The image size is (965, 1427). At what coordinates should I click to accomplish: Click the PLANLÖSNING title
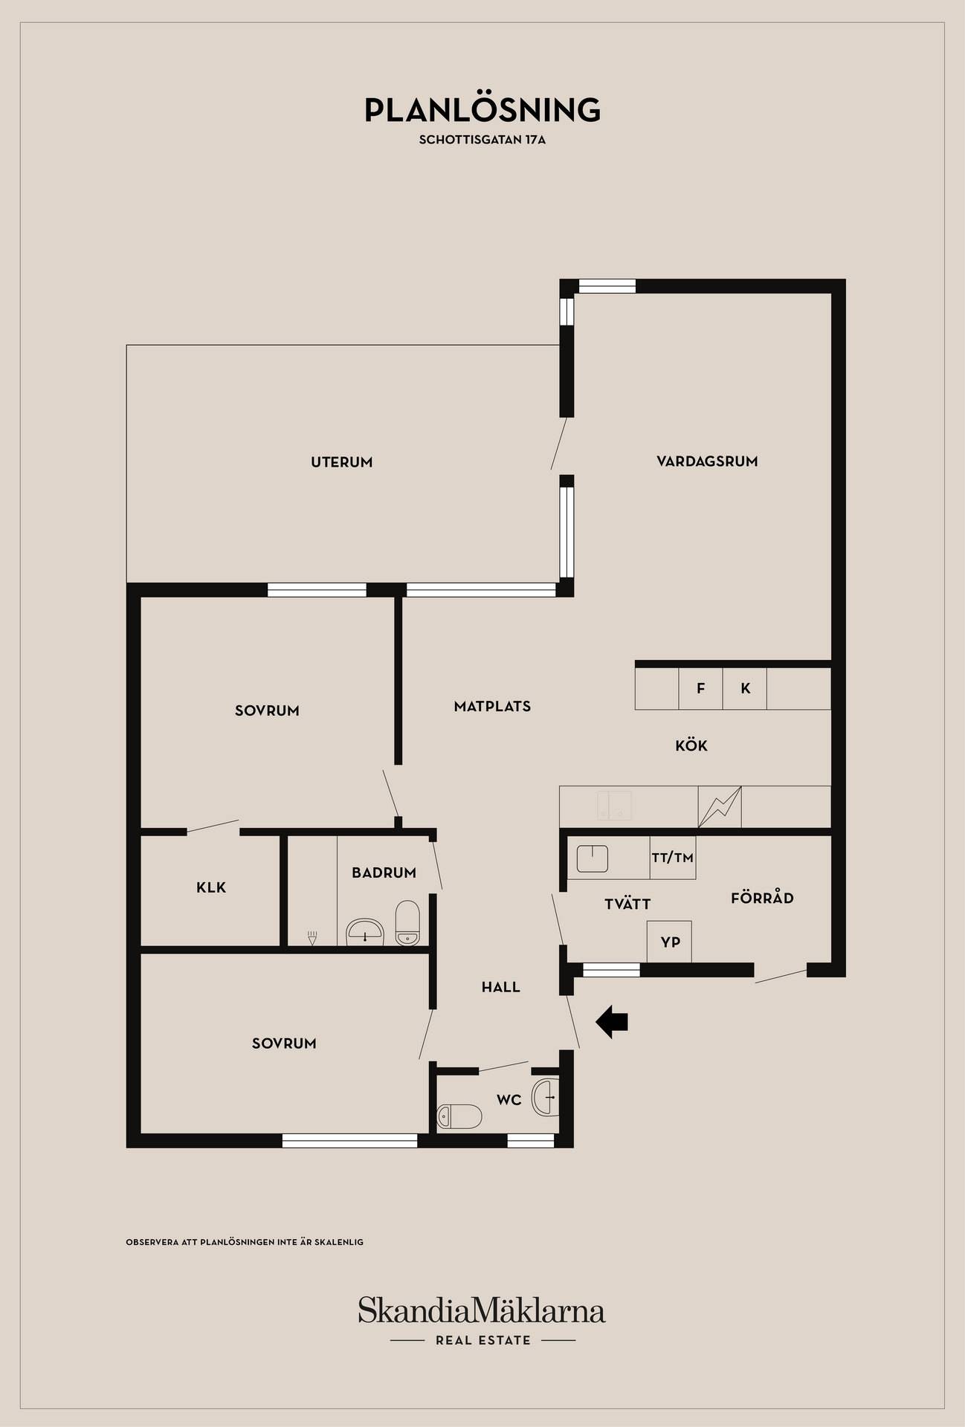tap(482, 109)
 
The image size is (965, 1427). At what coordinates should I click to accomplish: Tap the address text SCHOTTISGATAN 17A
tap(482, 140)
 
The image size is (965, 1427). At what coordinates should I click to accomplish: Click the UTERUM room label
tap(342, 462)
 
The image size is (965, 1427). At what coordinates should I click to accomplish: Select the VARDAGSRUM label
tap(707, 462)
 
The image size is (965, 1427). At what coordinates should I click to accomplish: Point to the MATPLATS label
tap(492, 707)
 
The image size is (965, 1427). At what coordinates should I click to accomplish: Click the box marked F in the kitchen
tap(701, 689)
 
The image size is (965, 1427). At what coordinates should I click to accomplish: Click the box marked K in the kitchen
tap(745, 689)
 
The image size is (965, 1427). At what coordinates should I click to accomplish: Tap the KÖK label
tap(691, 745)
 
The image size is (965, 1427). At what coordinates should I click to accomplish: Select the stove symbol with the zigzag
tap(720, 807)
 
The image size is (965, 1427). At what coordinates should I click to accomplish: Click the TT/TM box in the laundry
tap(673, 858)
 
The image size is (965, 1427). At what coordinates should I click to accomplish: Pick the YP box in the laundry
tap(670, 942)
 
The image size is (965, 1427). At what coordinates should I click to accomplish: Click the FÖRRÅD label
tap(762, 899)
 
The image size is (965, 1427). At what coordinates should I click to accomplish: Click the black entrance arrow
tap(612, 1022)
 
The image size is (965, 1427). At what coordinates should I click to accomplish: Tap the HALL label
tap(501, 988)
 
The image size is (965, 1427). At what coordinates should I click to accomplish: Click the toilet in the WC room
tap(459, 1116)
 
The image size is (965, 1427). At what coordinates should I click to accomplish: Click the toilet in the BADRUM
tap(407, 923)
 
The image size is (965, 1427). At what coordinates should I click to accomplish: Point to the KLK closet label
tap(211, 887)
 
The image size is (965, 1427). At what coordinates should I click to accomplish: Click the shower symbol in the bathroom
tap(312, 938)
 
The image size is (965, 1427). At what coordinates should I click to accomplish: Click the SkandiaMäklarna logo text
tap(482, 1310)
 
